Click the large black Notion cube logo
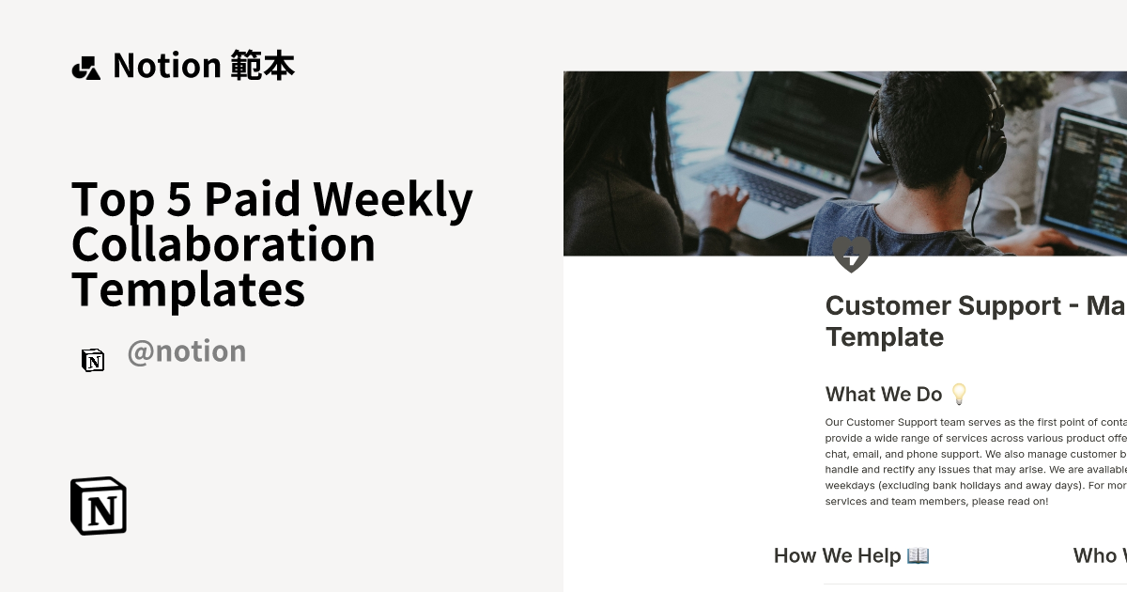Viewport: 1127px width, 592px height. point(99,506)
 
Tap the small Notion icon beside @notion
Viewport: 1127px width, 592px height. point(93,360)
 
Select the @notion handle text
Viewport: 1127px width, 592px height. point(186,351)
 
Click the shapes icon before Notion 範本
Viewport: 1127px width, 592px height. point(85,68)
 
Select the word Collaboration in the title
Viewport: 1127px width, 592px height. point(224,243)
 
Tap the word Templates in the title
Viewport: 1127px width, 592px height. point(188,288)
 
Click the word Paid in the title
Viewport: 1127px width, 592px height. point(253,199)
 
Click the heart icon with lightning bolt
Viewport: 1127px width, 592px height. point(851,254)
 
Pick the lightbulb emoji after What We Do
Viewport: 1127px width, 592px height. point(959,394)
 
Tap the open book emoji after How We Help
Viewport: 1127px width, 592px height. point(918,555)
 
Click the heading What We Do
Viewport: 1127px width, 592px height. point(883,395)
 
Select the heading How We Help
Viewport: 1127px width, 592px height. point(837,555)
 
